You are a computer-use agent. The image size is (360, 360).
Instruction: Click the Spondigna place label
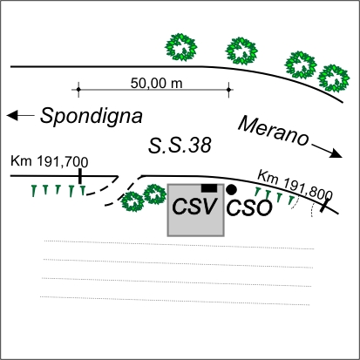point(92,116)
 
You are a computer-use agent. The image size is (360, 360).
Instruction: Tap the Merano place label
point(273,132)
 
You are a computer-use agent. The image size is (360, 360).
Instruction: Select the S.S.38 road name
point(180,146)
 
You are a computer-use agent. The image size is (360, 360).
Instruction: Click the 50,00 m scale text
point(156,84)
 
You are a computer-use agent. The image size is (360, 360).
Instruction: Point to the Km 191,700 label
point(50,161)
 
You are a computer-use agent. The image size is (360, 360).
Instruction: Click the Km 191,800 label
point(295,185)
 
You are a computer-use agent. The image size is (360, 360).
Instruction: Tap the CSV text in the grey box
point(194,207)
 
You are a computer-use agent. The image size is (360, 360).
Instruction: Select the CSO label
point(249,208)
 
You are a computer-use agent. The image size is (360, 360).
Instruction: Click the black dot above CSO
point(231,190)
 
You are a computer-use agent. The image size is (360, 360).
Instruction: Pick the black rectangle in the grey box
point(209,188)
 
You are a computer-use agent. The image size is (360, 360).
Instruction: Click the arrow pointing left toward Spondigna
point(21,115)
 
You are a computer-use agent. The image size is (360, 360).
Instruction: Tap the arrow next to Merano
point(327,151)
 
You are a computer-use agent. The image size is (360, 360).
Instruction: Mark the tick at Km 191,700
point(80,176)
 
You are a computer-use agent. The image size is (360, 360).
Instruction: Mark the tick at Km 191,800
point(326,204)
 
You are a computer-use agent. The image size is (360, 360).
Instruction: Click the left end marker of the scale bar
point(78,89)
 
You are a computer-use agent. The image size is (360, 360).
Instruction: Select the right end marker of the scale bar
point(228,90)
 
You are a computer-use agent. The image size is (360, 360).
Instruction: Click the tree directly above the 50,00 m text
point(180,47)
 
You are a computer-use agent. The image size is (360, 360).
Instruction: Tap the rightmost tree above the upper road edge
point(333,78)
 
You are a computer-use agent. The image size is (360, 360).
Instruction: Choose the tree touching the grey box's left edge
point(155,194)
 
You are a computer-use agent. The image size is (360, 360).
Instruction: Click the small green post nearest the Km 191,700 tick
point(83,191)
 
